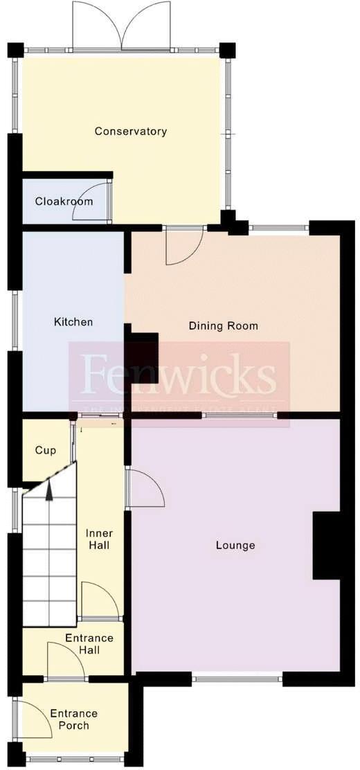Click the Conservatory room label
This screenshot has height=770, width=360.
pyautogui.click(x=131, y=131)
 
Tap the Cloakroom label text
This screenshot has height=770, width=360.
pyautogui.click(x=64, y=202)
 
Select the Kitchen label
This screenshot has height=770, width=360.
pyautogui.click(x=73, y=322)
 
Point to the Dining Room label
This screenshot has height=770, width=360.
pyautogui.click(x=223, y=325)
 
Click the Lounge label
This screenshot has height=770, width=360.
pyautogui.click(x=235, y=545)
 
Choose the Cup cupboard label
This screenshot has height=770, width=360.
pyautogui.click(x=46, y=450)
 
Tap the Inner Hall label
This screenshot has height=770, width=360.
pyautogui.click(x=99, y=539)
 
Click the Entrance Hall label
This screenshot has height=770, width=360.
pyautogui.click(x=89, y=644)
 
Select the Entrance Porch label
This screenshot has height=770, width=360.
pyautogui.click(x=73, y=719)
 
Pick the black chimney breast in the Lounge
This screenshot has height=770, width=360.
pyautogui.click(x=327, y=544)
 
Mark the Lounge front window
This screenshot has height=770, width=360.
pyautogui.click(x=237, y=679)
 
